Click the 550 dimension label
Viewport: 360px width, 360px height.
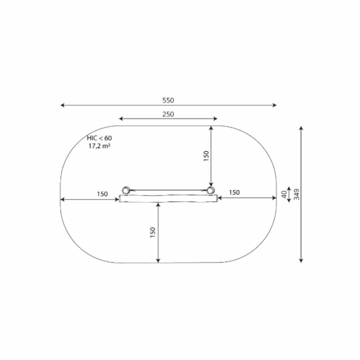click(168, 100)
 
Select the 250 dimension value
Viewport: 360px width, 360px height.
click(168, 114)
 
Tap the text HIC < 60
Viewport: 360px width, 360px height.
click(99, 138)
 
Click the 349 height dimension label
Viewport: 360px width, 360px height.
click(296, 194)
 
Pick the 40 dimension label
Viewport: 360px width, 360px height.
click(284, 194)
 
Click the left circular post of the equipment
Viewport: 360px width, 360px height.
click(126, 190)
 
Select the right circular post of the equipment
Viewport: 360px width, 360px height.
click(210, 190)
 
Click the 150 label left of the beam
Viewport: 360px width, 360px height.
click(102, 194)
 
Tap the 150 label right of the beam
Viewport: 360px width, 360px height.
click(234, 192)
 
